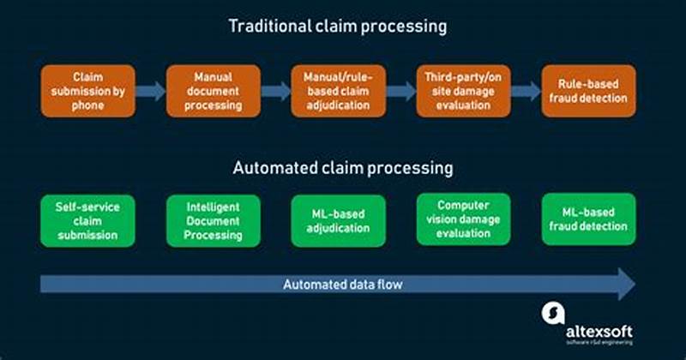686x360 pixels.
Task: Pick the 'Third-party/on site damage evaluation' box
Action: (463, 91)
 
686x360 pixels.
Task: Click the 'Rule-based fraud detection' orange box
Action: (588, 91)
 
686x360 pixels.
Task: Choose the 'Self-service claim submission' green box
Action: (87, 220)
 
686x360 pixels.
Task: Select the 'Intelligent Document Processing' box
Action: (214, 220)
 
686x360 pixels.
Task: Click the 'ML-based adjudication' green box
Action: (339, 220)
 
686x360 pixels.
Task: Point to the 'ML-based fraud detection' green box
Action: (589, 219)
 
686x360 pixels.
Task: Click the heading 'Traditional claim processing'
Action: (337, 26)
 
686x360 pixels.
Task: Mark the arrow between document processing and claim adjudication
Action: (275, 91)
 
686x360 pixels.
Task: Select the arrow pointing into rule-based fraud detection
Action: (526, 91)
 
